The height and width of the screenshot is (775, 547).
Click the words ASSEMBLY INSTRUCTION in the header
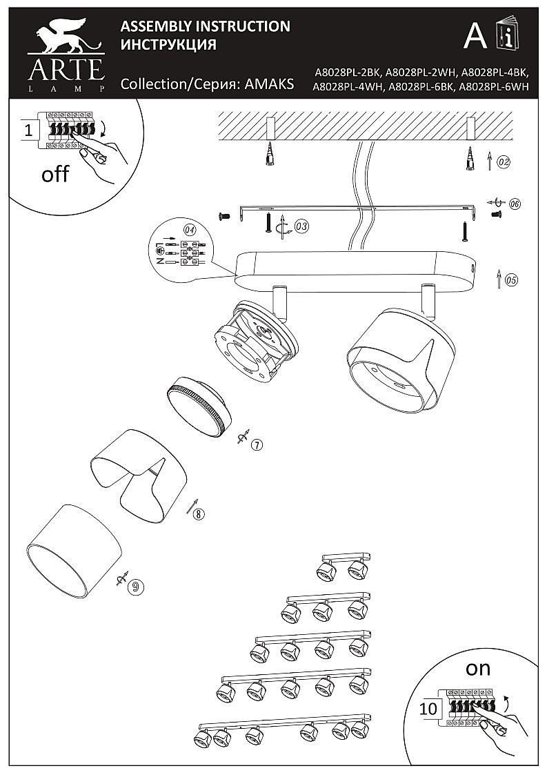point(205,26)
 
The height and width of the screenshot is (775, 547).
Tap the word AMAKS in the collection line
point(270,84)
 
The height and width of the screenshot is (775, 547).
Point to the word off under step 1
point(55,174)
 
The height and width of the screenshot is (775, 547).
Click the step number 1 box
point(28,130)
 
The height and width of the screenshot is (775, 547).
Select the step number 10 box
point(429,708)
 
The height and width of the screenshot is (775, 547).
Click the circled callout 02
point(503,163)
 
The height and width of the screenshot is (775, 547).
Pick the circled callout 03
point(301,226)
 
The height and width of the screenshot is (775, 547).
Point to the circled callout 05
point(511,280)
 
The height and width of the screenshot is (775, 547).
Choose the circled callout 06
point(515,204)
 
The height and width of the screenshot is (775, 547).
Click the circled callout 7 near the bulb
point(256,444)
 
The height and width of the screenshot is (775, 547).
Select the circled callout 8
point(199,513)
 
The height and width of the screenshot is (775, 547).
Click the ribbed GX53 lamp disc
point(197,406)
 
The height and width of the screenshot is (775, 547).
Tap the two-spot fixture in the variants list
point(342,565)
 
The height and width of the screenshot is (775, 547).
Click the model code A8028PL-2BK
point(348,72)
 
